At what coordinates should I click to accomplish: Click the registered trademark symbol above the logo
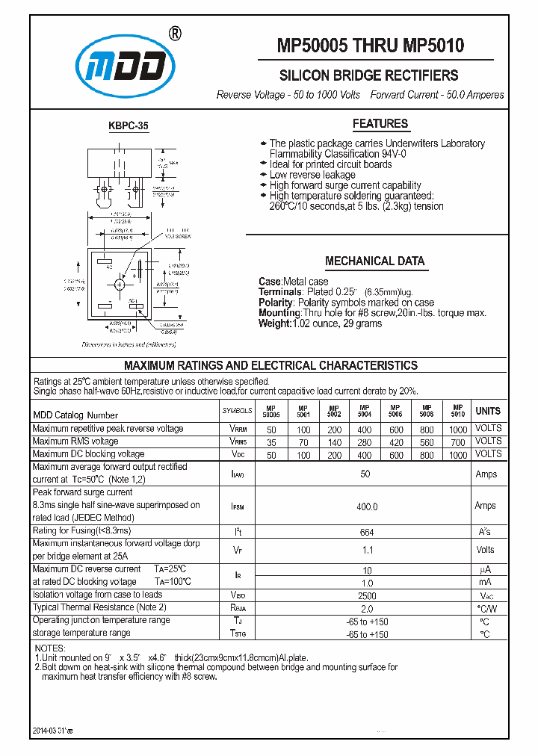click(173, 33)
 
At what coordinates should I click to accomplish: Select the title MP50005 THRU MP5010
click(371, 46)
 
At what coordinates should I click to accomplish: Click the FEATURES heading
click(380, 124)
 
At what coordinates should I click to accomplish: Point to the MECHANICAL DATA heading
click(374, 261)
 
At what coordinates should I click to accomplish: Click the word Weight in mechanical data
click(273, 323)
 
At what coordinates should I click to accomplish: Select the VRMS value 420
click(396, 441)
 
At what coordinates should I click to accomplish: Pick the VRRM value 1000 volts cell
click(458, 430)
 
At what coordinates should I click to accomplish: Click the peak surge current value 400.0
click(366, 506)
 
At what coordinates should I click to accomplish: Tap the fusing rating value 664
click(366, 532)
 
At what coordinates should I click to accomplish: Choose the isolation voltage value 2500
click(366, 596)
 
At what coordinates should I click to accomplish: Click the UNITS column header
click(488, 411)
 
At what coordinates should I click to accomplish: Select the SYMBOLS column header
click(238, 412)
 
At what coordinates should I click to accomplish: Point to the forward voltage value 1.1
click(366, 551)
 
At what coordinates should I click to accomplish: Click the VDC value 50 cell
click(271, 455)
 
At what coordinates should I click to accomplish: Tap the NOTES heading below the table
click(50, 648)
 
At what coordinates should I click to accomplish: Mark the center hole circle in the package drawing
click(120, 284)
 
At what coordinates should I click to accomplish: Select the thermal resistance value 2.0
click(366, 609)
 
